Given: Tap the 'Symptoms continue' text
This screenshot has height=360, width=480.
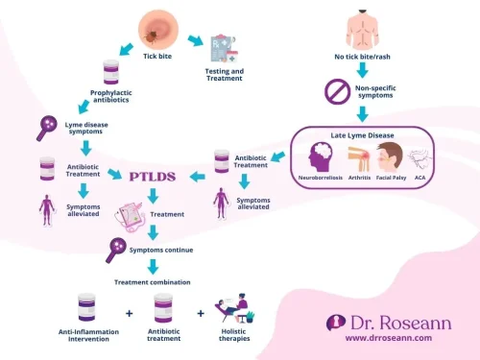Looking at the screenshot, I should click(159, 251).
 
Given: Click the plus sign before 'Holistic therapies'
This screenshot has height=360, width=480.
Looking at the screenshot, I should click(202, 313).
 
